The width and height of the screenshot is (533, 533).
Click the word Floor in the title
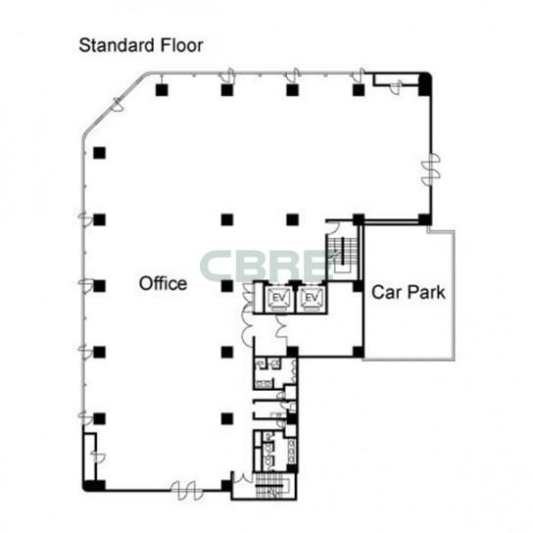pyautogui.click(x=181, y=45)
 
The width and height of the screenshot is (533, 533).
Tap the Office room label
pyautogui.click(x=164, y=283)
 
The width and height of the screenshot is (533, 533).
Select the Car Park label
pyautogui.click(x=409, y=292)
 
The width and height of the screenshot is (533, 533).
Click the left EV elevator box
pyautogui.click(x=279, y=299)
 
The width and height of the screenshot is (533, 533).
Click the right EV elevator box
pyautogui.click(x=311, y=299)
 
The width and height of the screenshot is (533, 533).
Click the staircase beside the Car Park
pyautogui.click(x=342, y=254)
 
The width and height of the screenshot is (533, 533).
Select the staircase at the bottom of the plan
pyautogui.click(x=273, y=486)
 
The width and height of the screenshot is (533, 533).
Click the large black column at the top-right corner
pyautogui.click(x=424, y=84)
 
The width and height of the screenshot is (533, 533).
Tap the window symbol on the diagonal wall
pyautogui.click(x=118, y=105)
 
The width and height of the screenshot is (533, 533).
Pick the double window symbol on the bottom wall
pyautogui.click(x=187, y=491)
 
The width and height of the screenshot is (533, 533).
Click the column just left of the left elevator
pyautogui.click(x=227, y=286)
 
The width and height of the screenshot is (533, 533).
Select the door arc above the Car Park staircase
pyautogui.click(x=333, y=227)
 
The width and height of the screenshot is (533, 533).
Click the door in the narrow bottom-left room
pyautogui.click(x=98, y=458)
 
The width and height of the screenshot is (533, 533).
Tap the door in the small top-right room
pyautogui.click(x=396, y=86)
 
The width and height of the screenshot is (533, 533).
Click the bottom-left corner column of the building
pyautogui.click(x=94, y=485)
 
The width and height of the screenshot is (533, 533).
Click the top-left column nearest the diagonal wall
pyautogui.click(x=162, y=90)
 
